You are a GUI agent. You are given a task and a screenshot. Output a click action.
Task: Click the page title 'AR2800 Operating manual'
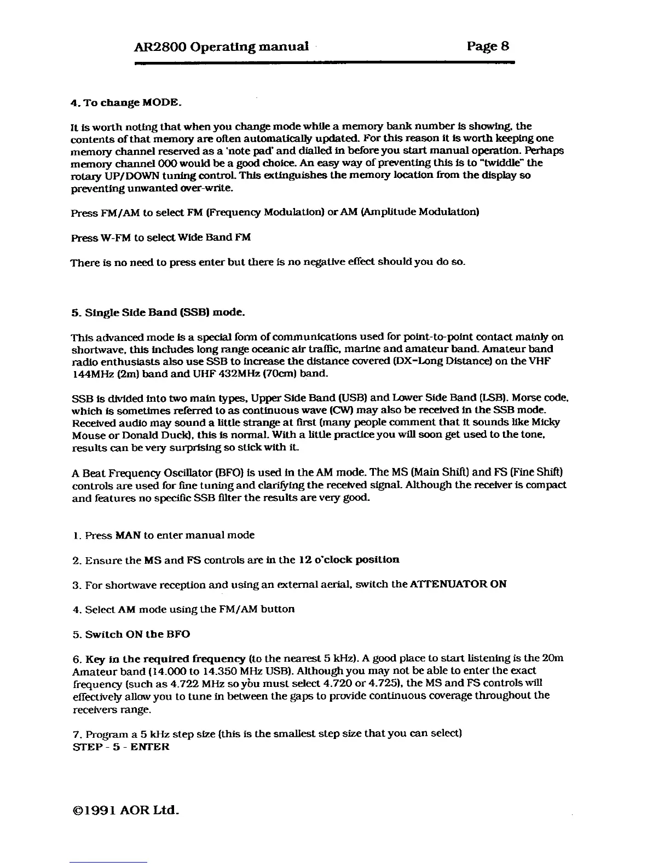coord(221,46)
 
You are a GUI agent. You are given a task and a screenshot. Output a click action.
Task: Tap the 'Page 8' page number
coord(488,45)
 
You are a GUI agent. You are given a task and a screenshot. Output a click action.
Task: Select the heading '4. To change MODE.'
coord(125,103)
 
